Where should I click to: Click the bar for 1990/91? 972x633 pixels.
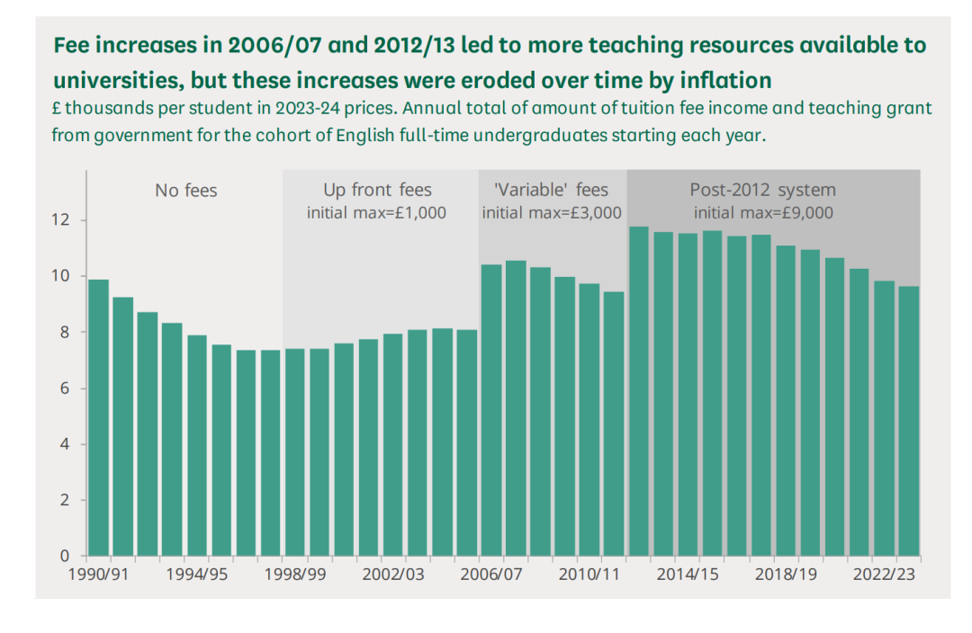coord(98,418)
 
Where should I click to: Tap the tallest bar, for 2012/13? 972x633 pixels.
coord(638,391)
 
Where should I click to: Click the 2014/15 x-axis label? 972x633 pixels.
coord(688,575)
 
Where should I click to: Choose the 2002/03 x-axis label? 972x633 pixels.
coord(393,575)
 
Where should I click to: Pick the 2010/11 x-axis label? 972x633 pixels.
coord(589,575)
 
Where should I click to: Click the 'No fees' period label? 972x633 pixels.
coord(186,191)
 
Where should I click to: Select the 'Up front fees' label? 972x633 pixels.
coord(377,191)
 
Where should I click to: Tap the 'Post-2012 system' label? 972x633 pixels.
coord(762,191)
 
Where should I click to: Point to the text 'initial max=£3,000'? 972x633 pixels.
coord(552,213)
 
